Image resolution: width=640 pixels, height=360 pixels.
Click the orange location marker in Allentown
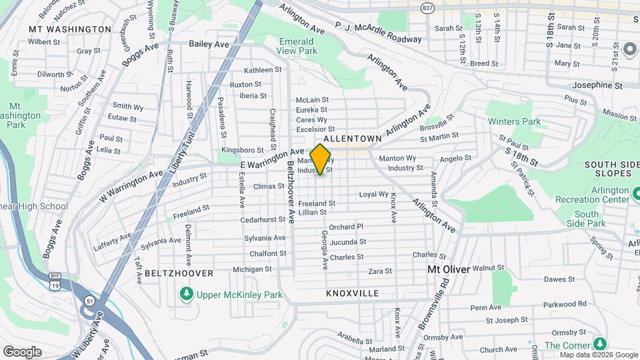[321, 159]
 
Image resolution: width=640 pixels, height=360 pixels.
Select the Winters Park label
[514, 121]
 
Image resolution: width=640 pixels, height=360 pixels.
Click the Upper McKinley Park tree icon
[187, 293]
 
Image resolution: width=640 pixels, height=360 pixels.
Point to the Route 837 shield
[427, 7]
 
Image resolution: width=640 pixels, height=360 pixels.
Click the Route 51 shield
[89, 301]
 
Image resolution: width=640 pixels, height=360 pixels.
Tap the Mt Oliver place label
[449, 269]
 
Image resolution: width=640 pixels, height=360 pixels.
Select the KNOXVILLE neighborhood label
[353, 293]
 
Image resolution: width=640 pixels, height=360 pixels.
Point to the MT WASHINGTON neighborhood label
[70, 29]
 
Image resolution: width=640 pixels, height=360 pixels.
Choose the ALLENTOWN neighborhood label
[352, 138]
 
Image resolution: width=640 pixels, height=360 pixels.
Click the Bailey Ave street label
[209, 44]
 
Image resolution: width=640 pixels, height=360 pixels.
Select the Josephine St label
[599, 86]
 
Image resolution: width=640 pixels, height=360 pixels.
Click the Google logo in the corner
[22, 351]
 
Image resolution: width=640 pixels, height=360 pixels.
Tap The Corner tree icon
[601, 344]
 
